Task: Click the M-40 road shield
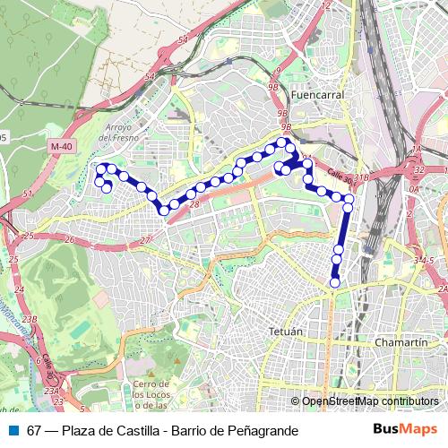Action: pos(61,146)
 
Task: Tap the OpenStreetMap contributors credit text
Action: pos(369,401)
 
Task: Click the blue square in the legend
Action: pos(13,431)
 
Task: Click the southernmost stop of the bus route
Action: pos(334,282)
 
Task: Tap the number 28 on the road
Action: pos(194,205)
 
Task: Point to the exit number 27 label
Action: pos(145,242)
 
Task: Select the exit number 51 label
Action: pos(28,194)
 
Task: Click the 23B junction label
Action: pos(30,319)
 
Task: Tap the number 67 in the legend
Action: pos(34,431)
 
